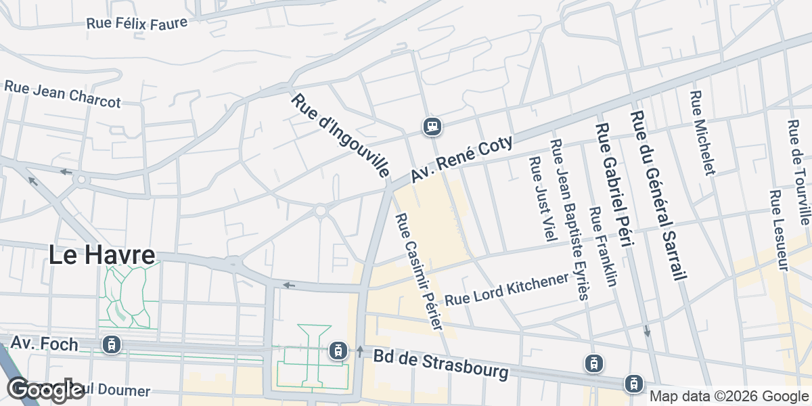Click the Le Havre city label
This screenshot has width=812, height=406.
tap(101, 255)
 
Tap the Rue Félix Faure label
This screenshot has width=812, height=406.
tap(136, 22)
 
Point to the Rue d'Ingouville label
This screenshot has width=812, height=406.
tap(340, 136)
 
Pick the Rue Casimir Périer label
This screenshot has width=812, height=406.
tap(419, 272)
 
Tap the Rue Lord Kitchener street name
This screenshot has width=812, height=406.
tap(506, 290)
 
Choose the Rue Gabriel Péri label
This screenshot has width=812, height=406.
tap(614, 185)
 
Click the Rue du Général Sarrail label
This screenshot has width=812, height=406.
tap(658, 195)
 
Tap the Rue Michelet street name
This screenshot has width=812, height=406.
tap(702, 133)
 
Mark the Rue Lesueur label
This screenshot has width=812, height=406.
tap(779, 230)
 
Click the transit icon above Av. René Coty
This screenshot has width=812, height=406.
tap(432, 126)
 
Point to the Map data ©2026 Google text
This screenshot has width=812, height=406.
tap(729, 397)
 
